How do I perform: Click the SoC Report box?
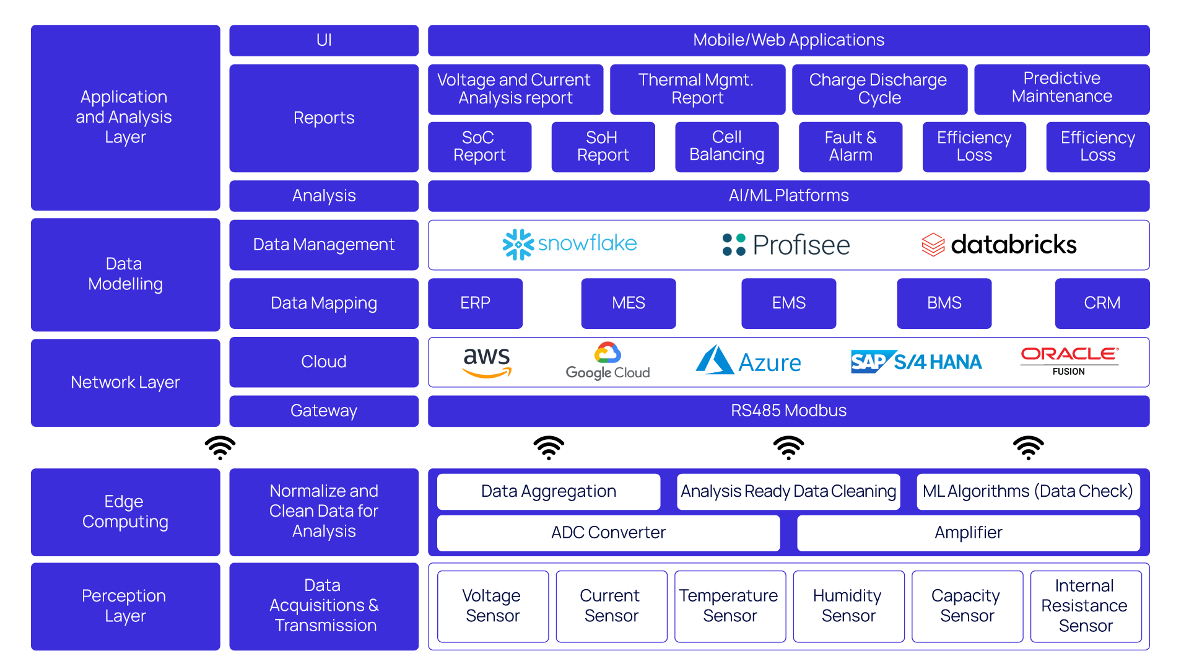pyautogui.click(x=479, y=147)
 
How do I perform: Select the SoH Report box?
pyautogui.click(x=603, y=147)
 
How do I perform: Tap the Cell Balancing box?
pyautogui.click(x=726, y=147)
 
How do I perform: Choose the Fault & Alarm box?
pyautogui.click(x=850, y=147)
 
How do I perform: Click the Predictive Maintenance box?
pyautogui.click(x=1061, y=89)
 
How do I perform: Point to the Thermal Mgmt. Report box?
pyautogui.click(x=697, y=89)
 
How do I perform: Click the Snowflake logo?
pyautogui.click(x=570, y=245)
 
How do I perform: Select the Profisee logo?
pyautogui.click(x=786, y=245)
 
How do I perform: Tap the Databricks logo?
pyautogui.click(x=999, y=245)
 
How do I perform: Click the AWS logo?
pyautogui.click(x=487, y=362)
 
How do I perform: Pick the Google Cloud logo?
pyautogui.click(x=608, y=361)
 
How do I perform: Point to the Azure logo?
pyautogui.click(x=748, y=361)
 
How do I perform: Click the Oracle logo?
pyautogui.click(x=1069, y=358)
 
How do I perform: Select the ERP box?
pyautogui.click(x=475, y=303)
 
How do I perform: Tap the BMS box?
pyautogui.click(x=944, y=303)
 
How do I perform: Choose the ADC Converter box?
pyautogui.click(x=608, y=533)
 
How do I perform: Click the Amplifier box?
pyautogui.click(x=968, y=533)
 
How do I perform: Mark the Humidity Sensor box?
pyautogui.click(x=848, y=606)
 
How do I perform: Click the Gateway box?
pyautogui.click(x=324, y=411)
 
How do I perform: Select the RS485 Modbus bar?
pyautogui.click(x=788, y=411)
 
